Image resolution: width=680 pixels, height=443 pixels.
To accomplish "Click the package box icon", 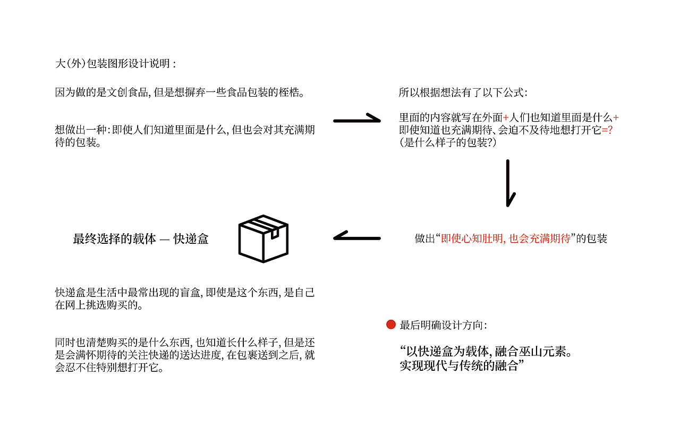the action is point(263,238).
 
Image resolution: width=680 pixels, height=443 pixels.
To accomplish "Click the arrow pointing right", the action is point(357,120).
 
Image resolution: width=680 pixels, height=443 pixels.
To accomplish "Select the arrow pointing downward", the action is point(509,183).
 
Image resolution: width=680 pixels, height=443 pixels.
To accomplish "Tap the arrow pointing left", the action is point(356,237).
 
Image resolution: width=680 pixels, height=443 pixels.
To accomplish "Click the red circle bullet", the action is point(390,325).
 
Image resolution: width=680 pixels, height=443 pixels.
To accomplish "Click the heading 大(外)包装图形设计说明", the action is point(115,64).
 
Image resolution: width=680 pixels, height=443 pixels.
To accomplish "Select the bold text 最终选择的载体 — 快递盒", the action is point(141,239).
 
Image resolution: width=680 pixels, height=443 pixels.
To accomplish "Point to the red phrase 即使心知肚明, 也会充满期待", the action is point(506,238).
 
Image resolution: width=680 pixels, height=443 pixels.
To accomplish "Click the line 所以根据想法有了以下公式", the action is point(463,93).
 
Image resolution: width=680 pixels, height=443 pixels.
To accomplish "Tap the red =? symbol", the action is point(607,131).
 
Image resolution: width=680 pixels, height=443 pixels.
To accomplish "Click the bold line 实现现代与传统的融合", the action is point(458,366).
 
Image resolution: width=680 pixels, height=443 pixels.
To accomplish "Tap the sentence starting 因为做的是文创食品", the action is point(181,93).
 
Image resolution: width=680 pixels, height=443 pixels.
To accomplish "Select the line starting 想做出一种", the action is point(185,130).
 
